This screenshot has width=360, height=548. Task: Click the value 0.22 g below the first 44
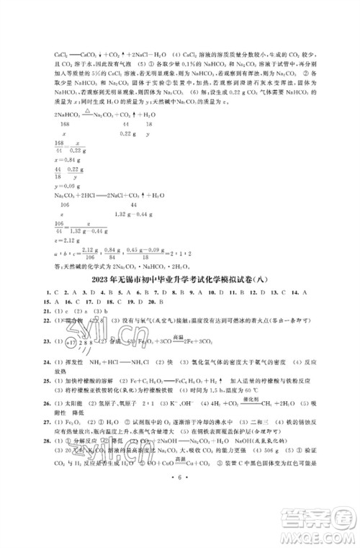(127, 134)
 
